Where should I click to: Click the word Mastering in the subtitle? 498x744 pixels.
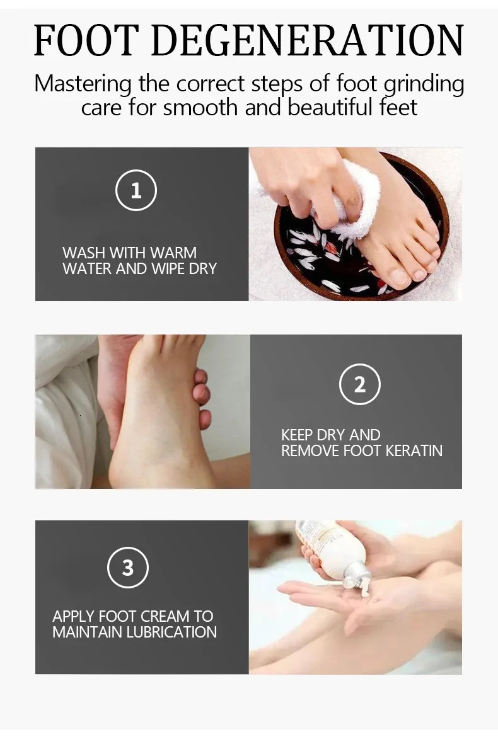click(83, 84)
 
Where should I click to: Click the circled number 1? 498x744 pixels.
click(136, 190)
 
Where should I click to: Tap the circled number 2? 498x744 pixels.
click(360, 384)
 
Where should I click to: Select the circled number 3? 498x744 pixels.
click(128, 568)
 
